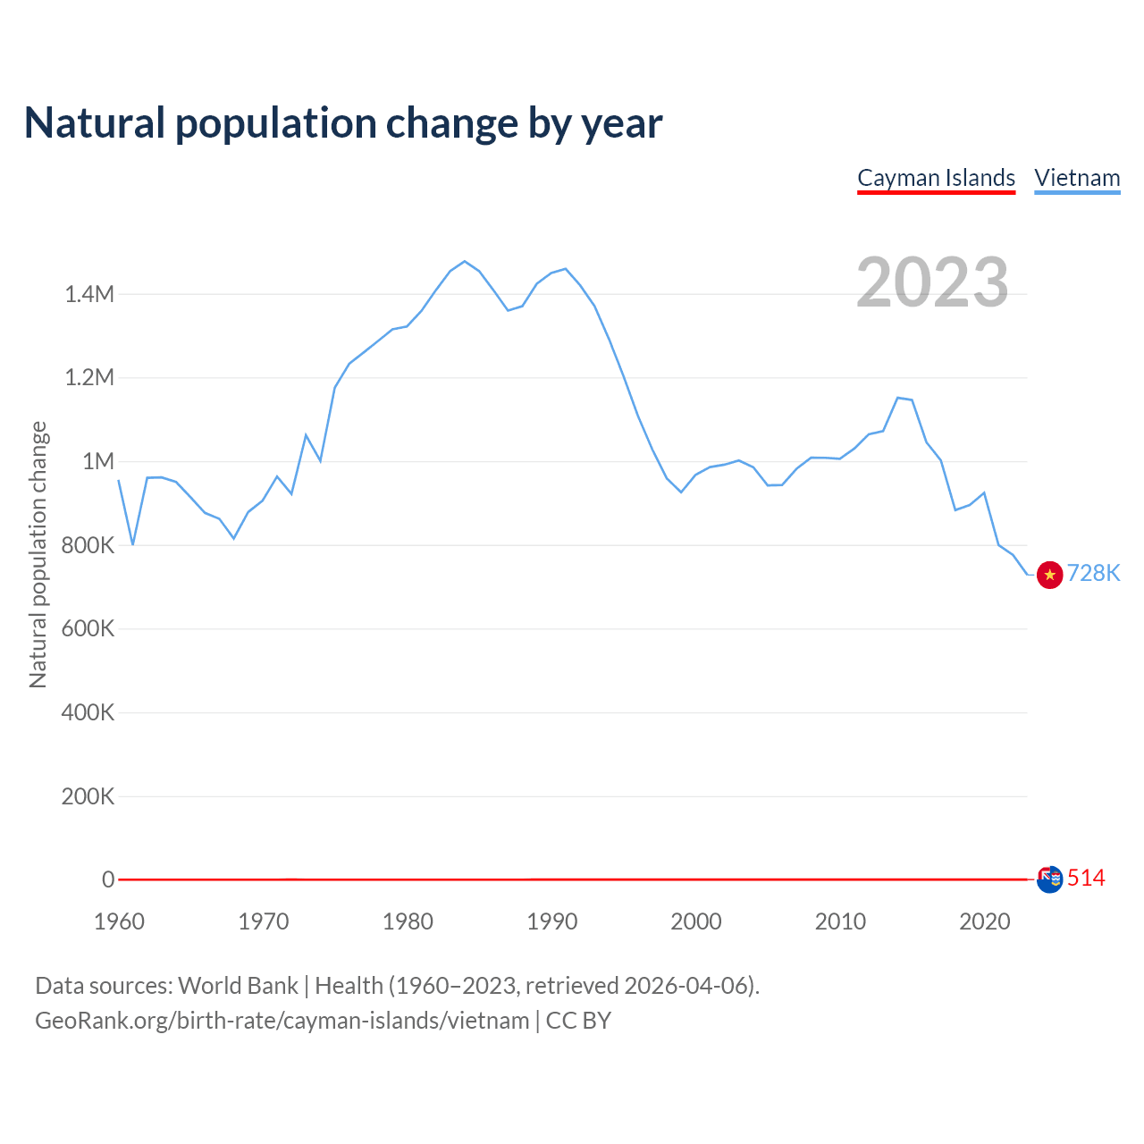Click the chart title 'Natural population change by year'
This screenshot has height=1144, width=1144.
[x=343, y=123]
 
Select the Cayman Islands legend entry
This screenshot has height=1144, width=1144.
[x=936, y=178]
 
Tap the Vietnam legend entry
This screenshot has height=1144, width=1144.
[x=1077, y=178]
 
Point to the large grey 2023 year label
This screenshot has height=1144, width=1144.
[x=932, y=282]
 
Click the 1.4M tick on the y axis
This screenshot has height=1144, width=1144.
[x=89, y=294]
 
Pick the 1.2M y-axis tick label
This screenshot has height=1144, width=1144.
[x=89, y=377]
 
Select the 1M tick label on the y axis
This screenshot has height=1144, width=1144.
[x=98, y=461]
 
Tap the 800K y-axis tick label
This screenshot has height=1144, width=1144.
[x=88, y=545]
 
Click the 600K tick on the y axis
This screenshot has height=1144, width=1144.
[x=88, y=628]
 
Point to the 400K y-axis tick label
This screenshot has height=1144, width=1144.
[x=88, y=712]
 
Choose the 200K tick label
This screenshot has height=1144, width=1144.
[x=88, y=796]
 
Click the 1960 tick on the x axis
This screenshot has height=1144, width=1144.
[x=119, y=921]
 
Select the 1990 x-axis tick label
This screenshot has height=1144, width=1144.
[x=552, y=921]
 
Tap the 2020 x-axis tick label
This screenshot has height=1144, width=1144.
[x=984, y=921]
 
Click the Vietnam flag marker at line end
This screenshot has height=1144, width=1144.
[x=1049, y=575]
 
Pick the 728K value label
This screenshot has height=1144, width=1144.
[x=1093, y=574]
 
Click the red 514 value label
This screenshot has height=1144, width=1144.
[x=1086, y=879]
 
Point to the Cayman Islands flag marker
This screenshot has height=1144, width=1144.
[x=1049, y=879]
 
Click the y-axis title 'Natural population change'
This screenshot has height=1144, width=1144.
[x=38, y=554]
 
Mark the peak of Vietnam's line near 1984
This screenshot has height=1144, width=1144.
[x=465, y=261]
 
